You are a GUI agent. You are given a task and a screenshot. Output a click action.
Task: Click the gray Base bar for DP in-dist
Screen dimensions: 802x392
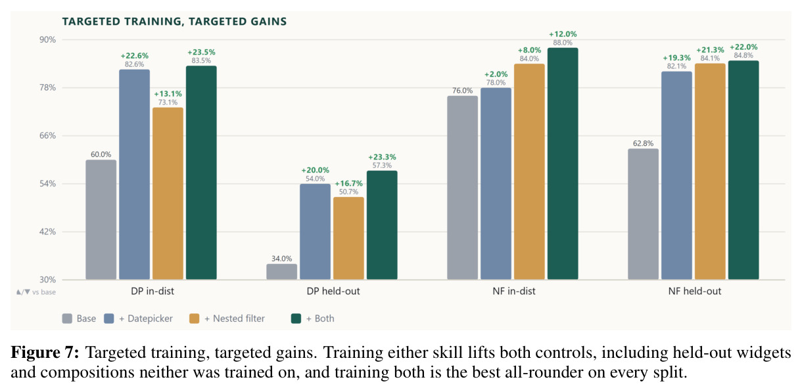[x=101, y=219]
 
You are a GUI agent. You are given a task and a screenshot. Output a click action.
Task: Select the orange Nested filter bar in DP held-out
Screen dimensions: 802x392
[x=348, y=238]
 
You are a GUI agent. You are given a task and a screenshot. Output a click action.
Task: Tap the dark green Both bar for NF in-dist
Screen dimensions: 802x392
[x=563, y=163]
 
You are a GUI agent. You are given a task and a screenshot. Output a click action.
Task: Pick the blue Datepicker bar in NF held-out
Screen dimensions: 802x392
[x=676, y=175]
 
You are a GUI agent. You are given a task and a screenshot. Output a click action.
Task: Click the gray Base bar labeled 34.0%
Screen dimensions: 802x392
[x=281, y=271]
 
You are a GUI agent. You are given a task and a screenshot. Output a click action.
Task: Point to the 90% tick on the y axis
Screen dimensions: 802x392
[x=47, y=39]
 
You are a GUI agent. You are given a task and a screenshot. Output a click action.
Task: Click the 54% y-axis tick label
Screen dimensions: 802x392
[x=47, y=184]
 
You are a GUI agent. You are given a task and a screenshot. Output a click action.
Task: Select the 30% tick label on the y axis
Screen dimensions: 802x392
[x=47, y=280]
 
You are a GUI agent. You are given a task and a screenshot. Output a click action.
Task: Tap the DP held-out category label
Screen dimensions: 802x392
[x=333, y=291]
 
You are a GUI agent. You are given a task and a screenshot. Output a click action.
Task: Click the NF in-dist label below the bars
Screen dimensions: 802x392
[x=514, y=291]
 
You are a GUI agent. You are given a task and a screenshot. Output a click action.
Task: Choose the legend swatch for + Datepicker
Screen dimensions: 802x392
[x=109, y=318]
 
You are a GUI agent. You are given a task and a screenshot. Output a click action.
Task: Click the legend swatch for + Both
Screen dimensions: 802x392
[x=296, y=318]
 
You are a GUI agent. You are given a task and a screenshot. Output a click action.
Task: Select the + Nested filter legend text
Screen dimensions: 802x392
[x=235, y=318]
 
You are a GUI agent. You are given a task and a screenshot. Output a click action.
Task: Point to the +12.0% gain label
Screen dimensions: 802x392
[x=563, y=34]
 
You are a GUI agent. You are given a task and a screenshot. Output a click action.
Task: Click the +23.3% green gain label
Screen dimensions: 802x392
[x=382, y=157]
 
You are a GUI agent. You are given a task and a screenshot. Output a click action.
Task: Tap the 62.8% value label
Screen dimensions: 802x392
[x=643, y=143]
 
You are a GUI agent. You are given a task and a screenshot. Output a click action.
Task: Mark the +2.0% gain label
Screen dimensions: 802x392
[x=496, y=74]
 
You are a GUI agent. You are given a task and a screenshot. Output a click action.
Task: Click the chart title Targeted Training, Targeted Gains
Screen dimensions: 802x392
[x=174, y=22]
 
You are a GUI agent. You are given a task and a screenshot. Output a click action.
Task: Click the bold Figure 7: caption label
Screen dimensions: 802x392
[x=45, y=353]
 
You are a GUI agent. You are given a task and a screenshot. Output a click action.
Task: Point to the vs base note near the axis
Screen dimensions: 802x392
[x=36, y=292]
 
